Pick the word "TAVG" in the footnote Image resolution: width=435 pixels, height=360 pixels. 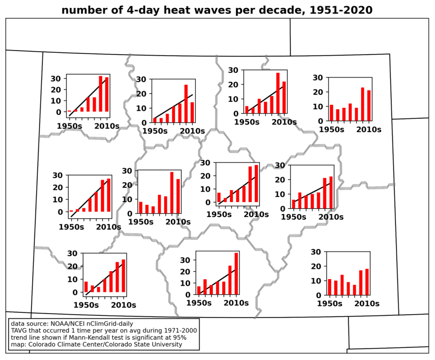coord(19,330)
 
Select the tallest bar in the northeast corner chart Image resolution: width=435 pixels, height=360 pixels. coord(362,104)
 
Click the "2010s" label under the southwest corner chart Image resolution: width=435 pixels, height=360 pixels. coord(124,305)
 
